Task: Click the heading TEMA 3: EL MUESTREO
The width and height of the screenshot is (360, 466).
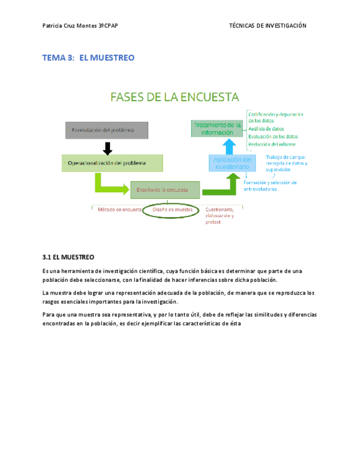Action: [88, 58]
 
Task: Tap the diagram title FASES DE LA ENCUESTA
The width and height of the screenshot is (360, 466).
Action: [175, 97]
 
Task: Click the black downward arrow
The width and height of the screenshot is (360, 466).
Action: [108, 147]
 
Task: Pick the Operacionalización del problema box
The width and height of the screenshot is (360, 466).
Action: [112, 163]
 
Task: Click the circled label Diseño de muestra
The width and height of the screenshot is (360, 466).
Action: [172, 209]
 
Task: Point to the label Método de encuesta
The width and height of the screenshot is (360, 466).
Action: [120, 209]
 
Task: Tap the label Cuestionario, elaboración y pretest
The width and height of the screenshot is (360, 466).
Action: [219, 215]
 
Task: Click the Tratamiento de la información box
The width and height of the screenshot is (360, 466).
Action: [217, 129]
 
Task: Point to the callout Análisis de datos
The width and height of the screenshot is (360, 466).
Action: [267, 129]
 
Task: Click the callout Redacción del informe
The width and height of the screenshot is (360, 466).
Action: [272, 144]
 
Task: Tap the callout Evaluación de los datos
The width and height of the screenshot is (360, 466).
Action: [273, 136]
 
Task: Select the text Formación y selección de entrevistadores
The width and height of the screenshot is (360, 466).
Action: [270, 186]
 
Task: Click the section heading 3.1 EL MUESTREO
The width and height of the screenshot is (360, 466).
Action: [68, 257]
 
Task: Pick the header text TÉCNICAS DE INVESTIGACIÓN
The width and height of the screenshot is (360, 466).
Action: [267, 26]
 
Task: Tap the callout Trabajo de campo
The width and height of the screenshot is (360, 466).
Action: [286, 157]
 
